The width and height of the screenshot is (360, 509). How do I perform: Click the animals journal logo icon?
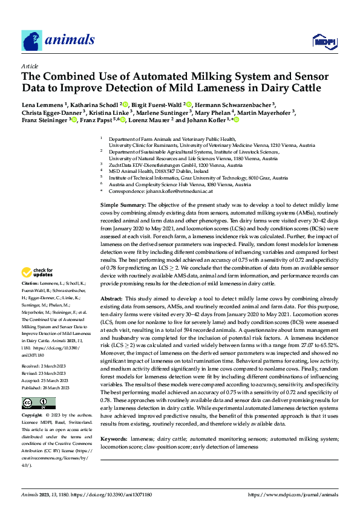30,40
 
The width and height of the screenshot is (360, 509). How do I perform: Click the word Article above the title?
30,66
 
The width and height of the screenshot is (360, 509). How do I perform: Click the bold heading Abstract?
113,299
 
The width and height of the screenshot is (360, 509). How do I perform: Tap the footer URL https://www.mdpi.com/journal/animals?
295,494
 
